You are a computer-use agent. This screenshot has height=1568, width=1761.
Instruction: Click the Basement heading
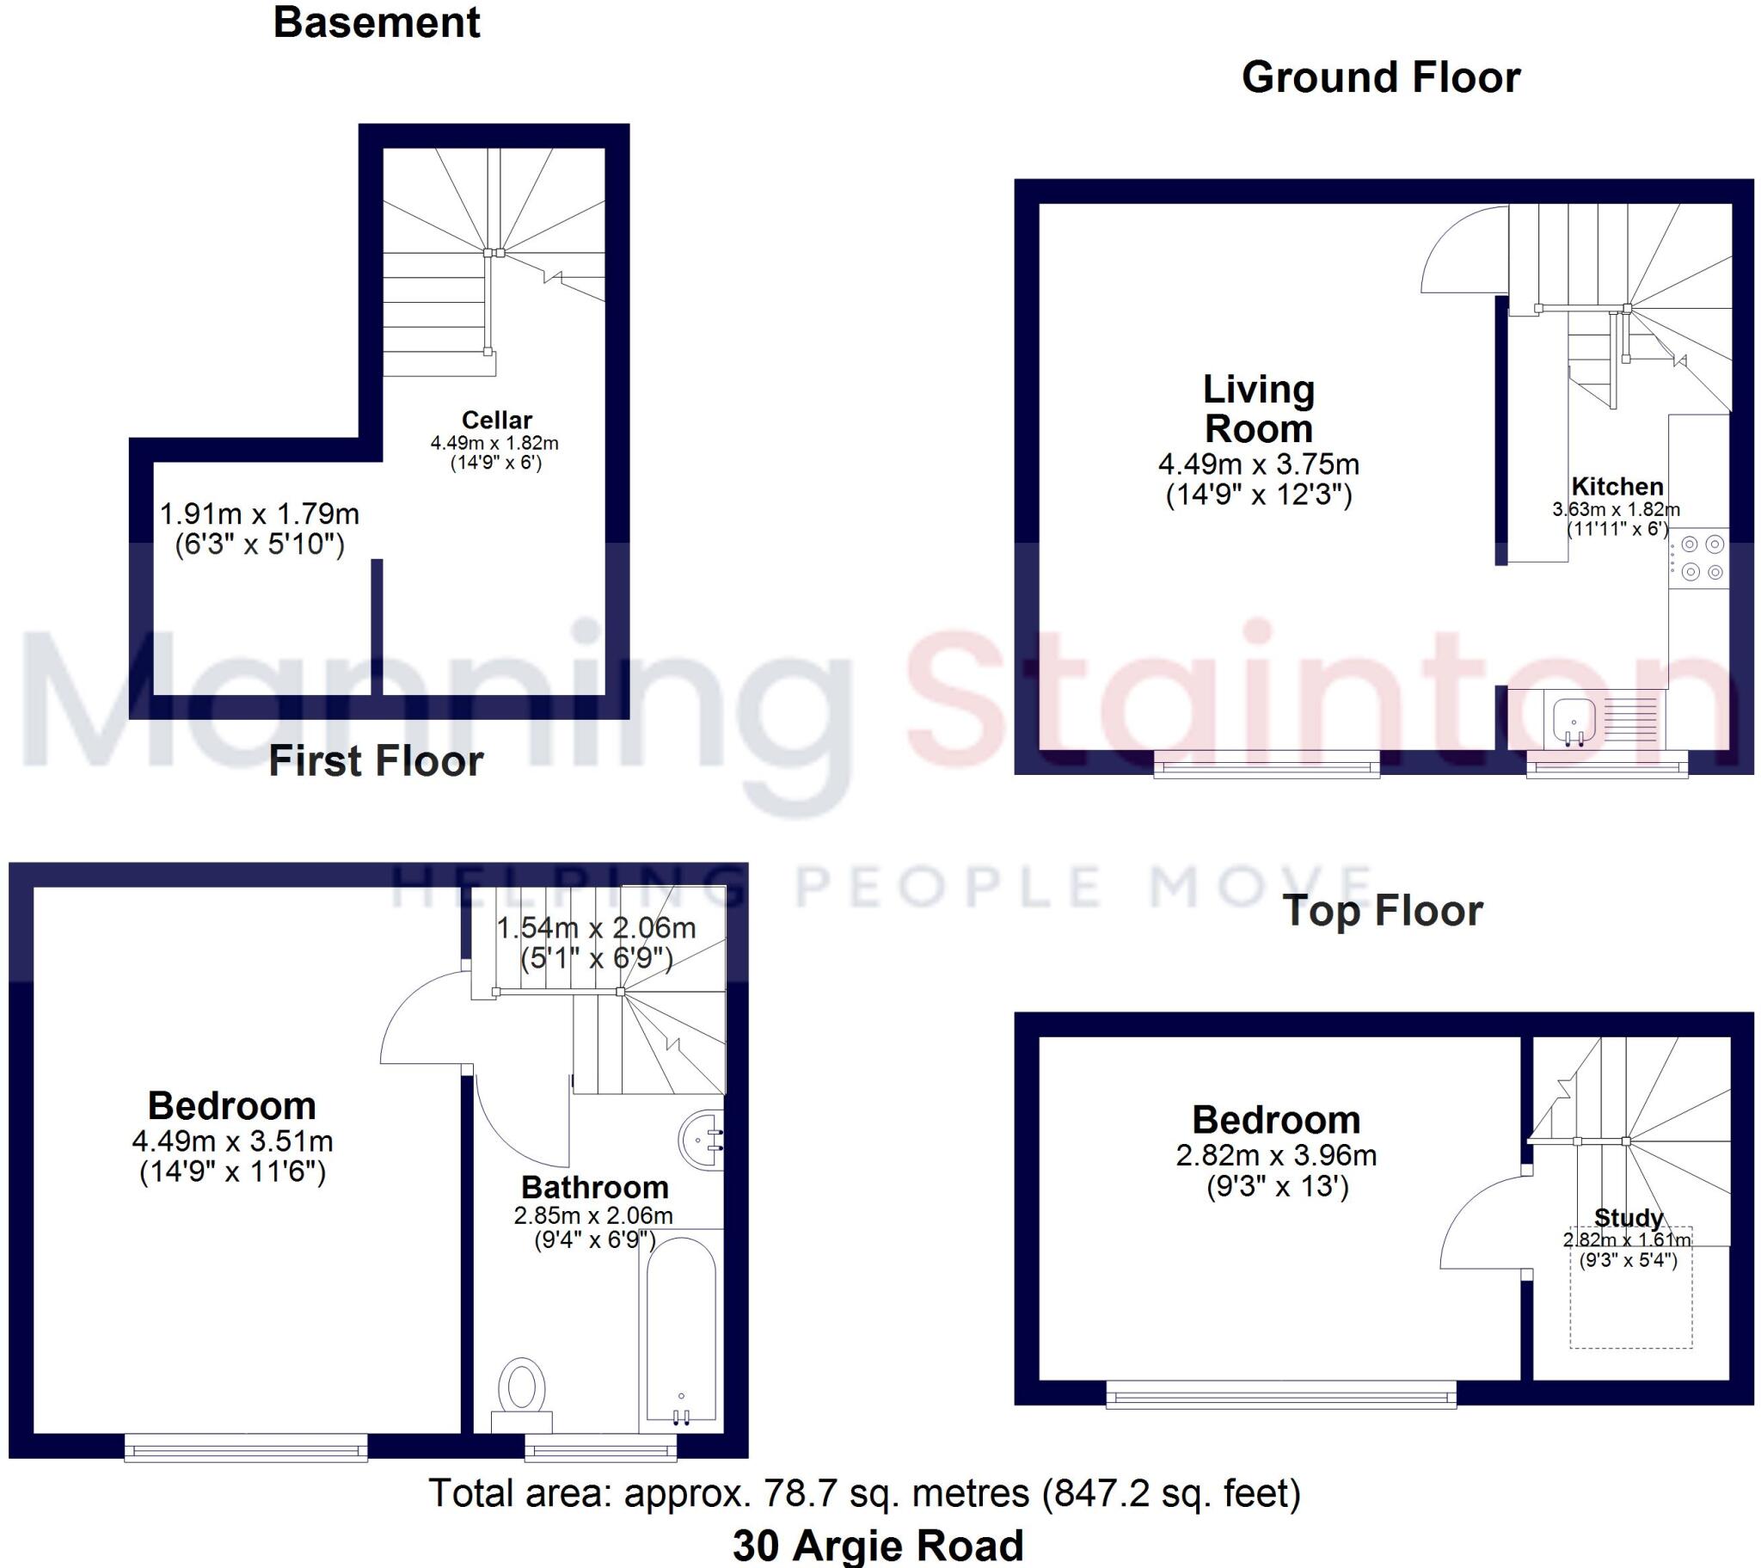coord(377,23)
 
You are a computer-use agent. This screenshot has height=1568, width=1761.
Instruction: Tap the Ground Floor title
coord(1380,77)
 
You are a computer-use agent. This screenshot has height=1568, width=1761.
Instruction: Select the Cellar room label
coord(496,420)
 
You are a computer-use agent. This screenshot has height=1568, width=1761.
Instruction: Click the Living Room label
coord(1259,409)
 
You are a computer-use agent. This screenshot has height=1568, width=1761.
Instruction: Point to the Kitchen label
coord(1617,486)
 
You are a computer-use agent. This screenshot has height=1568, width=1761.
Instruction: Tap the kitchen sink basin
coord(1574,719)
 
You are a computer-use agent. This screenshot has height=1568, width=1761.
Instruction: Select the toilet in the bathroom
coord(521,1390)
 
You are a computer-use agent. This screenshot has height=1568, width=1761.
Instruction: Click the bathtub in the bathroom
coord(681,1327)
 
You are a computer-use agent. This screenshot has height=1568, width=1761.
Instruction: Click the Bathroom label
coord(594,1188)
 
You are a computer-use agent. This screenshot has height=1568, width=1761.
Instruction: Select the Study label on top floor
coord(1628,1218)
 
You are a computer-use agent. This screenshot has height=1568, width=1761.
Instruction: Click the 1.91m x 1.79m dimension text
coord(260,514)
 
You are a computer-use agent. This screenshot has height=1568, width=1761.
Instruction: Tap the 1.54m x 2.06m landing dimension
coord(596,928)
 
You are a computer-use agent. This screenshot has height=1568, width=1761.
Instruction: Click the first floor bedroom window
coord(247,1448)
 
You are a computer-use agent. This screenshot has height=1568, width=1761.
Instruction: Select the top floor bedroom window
coord(1281,1394)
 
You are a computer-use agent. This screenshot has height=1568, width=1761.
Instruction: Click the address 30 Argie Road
coord(878,1545)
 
